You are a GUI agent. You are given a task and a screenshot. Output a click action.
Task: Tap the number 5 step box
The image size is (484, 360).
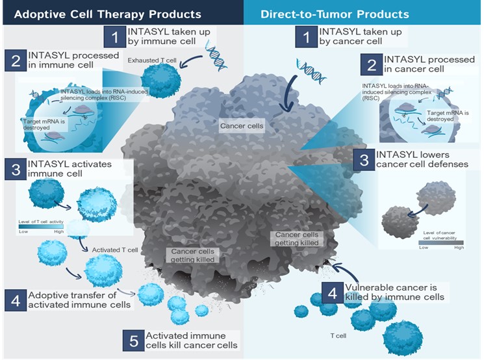[133, 341]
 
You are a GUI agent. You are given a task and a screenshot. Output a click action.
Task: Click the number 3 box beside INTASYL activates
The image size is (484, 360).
[16, 170]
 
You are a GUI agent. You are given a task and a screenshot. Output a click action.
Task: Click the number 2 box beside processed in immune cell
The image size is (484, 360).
[16, 61]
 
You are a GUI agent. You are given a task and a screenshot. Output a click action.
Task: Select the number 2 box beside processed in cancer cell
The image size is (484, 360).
[372, 64]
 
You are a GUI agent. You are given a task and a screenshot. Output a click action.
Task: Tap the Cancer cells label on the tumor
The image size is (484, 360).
[242, 127]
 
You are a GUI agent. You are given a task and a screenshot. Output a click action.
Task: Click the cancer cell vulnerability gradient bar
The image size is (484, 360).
[441, 242]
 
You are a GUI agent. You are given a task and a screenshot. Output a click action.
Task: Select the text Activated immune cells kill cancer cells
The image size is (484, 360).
[191, 341]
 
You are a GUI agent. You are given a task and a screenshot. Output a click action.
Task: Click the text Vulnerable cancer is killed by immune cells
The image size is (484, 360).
[395, 292]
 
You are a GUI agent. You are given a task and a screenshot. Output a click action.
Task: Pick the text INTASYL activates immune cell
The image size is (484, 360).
[70, 170]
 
